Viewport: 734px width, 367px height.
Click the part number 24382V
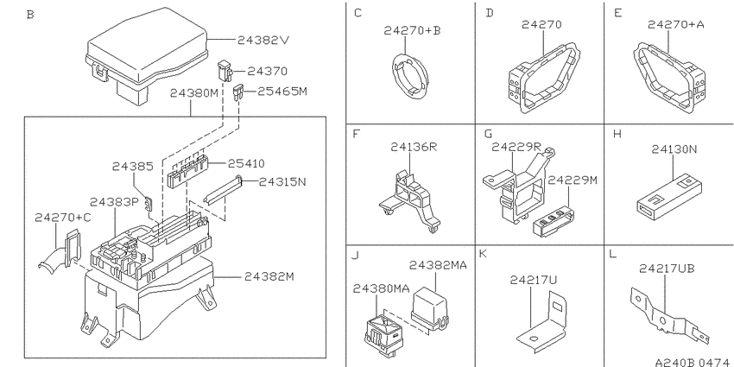263,41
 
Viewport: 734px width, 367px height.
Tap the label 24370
268,71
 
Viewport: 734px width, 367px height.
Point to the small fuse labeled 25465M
238,92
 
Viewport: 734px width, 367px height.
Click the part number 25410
246,163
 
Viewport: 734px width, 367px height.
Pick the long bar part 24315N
223,191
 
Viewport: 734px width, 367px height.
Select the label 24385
132,166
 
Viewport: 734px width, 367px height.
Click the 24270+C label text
63,218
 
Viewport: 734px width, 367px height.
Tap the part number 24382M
269,276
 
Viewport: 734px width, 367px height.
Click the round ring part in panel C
408,78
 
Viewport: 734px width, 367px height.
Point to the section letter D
490,13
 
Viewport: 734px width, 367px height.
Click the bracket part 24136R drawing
410,200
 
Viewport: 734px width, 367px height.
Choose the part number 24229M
573,180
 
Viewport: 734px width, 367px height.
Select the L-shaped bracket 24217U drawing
542,322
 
